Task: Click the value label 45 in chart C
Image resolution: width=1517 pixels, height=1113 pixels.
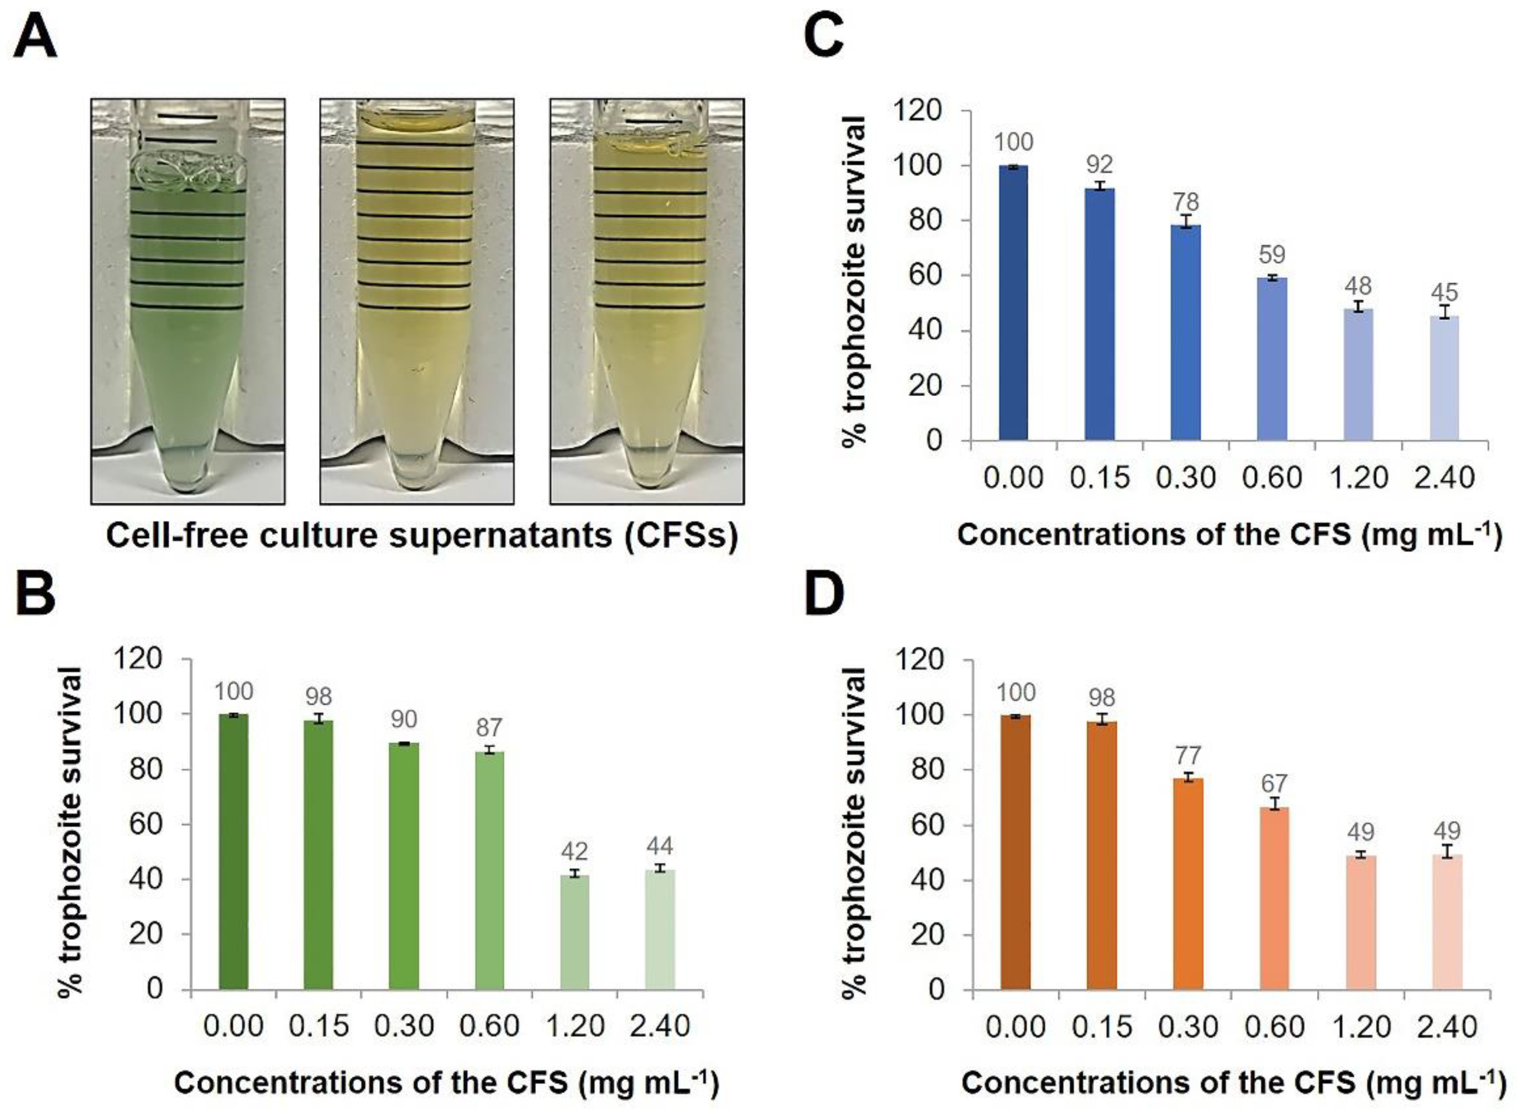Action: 1443,293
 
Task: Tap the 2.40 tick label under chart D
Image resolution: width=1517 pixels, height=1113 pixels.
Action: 1447,1027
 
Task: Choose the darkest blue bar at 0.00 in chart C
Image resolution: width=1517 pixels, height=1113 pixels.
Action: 1013,303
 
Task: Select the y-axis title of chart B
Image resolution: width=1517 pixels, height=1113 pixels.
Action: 70,829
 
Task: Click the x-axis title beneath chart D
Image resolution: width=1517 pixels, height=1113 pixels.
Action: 1232,1083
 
